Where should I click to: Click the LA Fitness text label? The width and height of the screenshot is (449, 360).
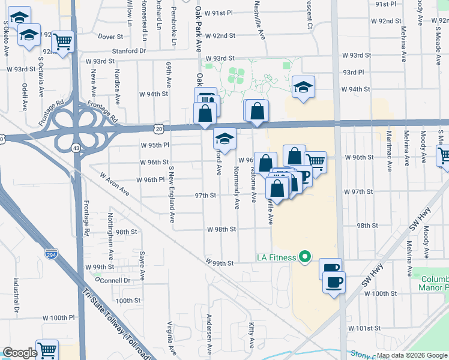coord(277,257)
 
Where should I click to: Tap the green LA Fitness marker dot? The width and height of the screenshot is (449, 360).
coord(304,257)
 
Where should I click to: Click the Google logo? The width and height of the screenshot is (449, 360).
coord(20,353)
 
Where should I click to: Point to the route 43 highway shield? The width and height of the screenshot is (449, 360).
coord(76,147)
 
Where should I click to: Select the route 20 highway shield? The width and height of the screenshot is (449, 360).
coord(158,128)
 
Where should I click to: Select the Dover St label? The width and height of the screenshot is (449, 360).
coord(110,37)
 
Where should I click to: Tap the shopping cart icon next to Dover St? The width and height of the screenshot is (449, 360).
coord(62,41)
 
